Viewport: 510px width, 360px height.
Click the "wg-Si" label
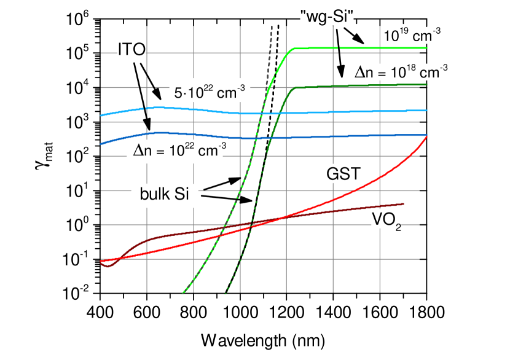[x=328, y=17]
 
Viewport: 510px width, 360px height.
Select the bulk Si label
[x=164, y=195]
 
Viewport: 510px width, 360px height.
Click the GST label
[x=343, y=174]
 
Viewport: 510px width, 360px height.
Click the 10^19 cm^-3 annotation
[x=411, y=35]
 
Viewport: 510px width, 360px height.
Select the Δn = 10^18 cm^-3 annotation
[x=401, y=72]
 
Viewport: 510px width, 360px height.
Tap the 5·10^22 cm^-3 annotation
[x=210, y=93]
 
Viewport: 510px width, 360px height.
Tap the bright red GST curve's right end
[x=426, y=136]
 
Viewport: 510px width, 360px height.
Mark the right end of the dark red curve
[x=403, y=203]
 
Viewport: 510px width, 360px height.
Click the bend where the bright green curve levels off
[x=291, y=50]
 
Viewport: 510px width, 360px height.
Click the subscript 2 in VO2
[x=398, y=229]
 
